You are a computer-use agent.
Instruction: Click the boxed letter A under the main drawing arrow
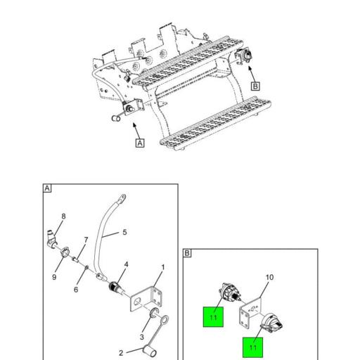[140, 143]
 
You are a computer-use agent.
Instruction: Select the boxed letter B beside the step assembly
[255, 86]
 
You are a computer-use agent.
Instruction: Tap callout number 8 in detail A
[63, 216]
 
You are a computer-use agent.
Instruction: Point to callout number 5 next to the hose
[124, 232]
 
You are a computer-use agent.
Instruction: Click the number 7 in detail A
[86, 240]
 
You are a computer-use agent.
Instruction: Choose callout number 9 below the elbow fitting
[53, 276]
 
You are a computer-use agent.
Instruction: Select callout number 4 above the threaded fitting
[127, 264]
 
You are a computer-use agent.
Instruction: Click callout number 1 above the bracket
[162, 267]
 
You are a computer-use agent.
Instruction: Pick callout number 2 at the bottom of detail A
[120, 353]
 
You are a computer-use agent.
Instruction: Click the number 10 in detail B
[269, 277]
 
